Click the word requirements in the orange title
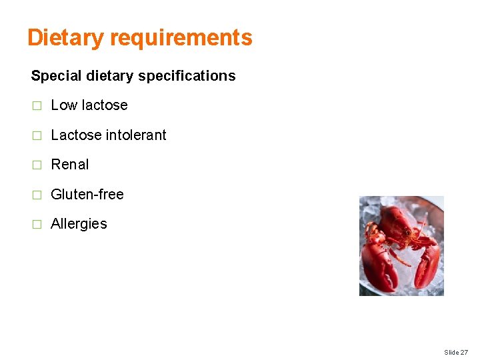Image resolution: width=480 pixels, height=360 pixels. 181,38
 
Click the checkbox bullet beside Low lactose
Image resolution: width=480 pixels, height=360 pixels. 37,105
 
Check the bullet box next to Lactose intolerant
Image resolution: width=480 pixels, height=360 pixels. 37,135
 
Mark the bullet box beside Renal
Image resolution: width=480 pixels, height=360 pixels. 37,165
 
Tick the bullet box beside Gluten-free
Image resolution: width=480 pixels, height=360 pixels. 37,195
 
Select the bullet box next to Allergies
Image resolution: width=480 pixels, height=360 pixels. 37,224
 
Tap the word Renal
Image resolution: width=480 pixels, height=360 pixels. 70,165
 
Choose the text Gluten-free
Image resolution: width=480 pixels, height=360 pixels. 87,195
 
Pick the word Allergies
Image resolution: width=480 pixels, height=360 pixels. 79,224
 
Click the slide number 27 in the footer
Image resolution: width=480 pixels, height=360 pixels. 464,352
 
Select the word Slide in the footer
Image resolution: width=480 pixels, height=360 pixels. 451,352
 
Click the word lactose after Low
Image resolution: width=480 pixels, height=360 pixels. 104,105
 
